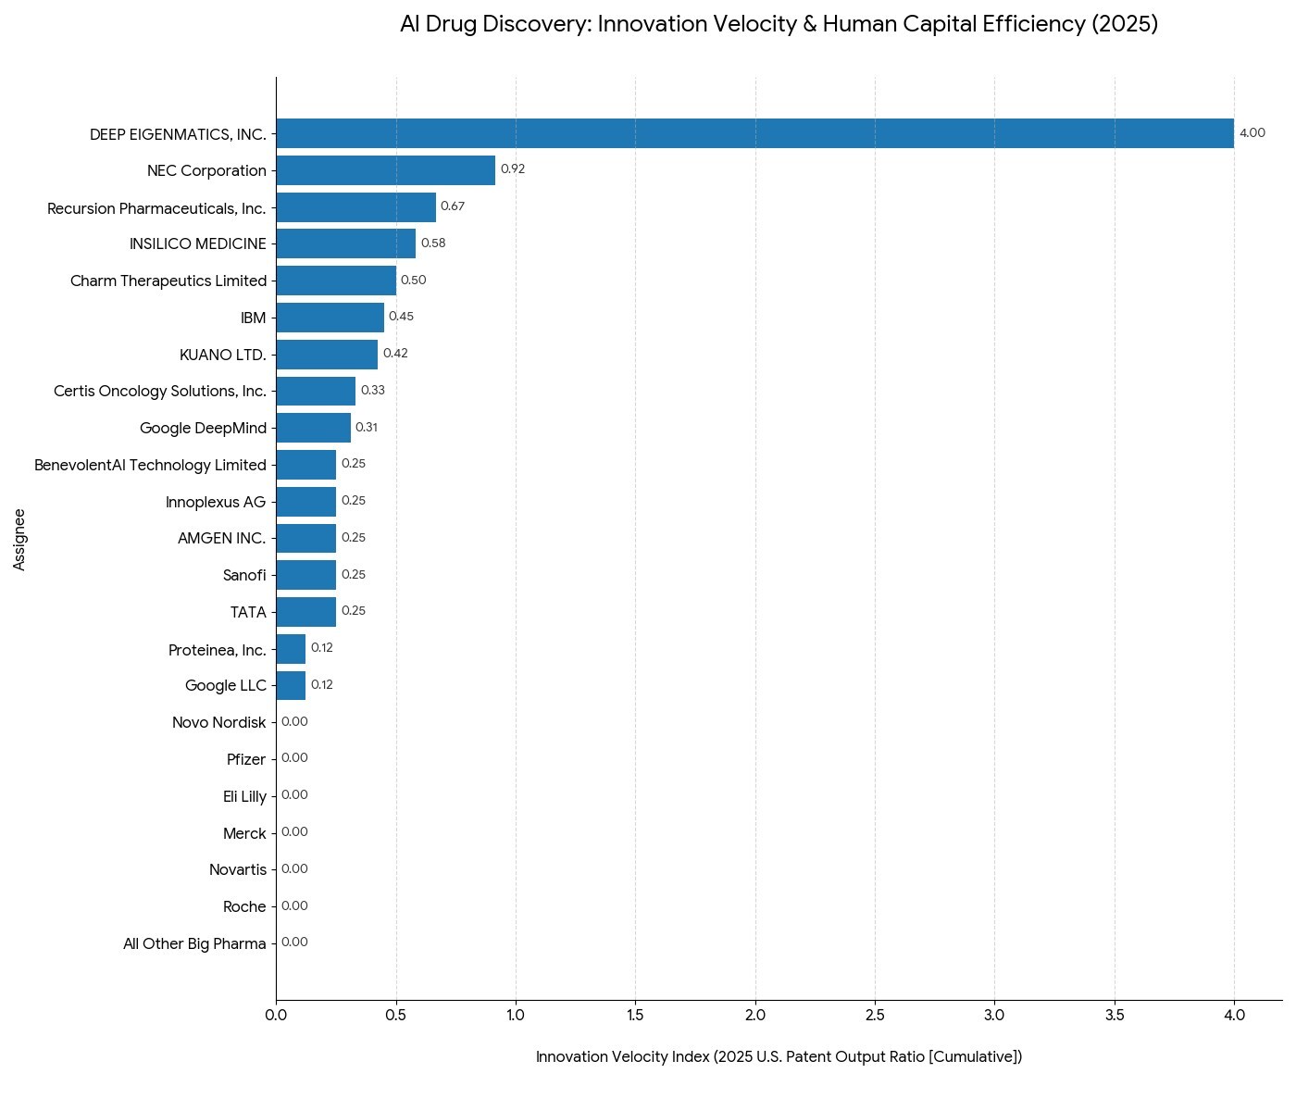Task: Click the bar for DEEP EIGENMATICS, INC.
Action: [754, 133]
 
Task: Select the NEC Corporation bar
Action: [385, 170]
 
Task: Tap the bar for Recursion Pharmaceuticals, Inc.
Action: [355, 207]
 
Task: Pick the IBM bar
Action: [330, 318]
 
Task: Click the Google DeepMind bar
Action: [313, 428]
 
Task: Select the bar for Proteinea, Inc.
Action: [291, 649]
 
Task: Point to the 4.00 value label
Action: [1252, 133]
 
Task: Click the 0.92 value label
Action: [513, 169]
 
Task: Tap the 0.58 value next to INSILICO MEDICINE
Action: [433, 243]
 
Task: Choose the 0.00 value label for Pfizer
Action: [294, 758]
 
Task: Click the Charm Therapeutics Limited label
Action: [168, 281]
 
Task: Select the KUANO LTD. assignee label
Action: [223, 355]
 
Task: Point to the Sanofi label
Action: [244, 576]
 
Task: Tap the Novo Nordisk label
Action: [219, 722]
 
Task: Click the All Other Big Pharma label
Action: [194, 944]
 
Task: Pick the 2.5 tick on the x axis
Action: [875, 1015]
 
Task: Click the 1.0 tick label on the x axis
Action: [516, 1015]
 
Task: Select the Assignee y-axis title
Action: [19, 539]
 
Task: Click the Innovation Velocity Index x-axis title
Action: [779, 1057]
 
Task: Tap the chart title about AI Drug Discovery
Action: [779, 25]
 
